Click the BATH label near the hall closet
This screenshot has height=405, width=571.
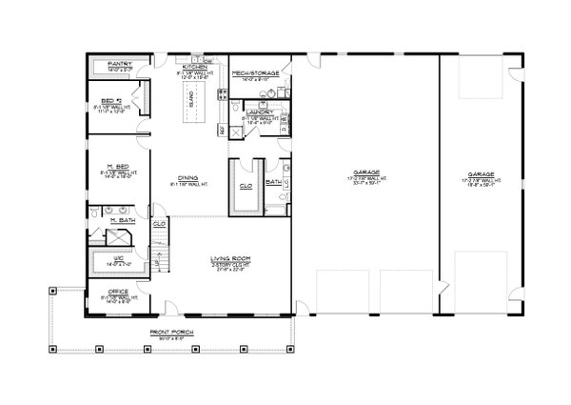point(273,181)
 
